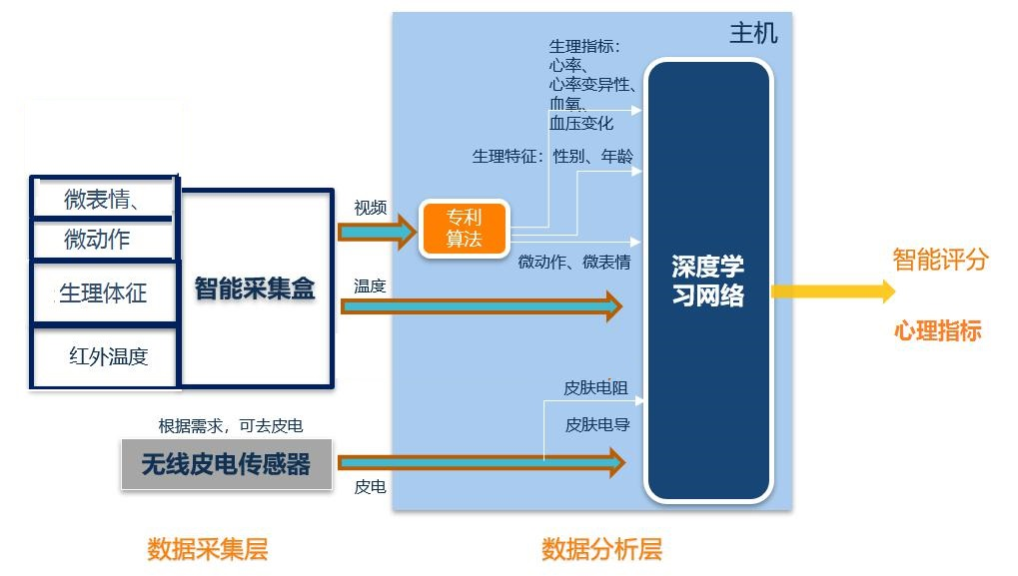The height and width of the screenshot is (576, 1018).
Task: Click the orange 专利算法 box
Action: [x=464, y=229]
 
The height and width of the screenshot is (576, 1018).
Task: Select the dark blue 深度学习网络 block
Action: [x=707, y=280]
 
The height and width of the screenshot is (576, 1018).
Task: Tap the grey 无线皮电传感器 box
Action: [x=227, y=464]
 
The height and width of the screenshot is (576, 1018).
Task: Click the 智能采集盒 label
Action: [x=255, y=288]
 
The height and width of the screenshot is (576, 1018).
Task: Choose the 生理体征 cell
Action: [x=104, y=292]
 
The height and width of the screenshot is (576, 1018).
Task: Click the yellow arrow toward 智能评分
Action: [x=833, y=290]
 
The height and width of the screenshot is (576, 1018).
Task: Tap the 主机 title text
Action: [x=753, y=33]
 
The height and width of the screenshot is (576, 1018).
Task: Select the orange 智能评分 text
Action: [x=940, y=260]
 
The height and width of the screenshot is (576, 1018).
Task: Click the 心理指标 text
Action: [x=937, y=330]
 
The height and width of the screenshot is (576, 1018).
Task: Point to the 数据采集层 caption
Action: [x=207, y=549]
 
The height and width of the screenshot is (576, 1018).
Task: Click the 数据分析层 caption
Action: [x=601, y=549]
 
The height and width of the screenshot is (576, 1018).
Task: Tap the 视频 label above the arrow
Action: [x=370, y=208]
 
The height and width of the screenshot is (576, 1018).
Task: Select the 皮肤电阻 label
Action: [x=595, y=388]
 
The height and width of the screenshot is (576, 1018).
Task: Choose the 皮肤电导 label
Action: [x=597, y=425]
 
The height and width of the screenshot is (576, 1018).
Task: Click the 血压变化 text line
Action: [x=581, y=123]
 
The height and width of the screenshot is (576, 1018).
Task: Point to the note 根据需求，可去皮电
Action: [x=231, y=425]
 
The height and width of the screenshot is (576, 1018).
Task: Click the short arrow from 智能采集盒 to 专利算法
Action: [x=378, y=232]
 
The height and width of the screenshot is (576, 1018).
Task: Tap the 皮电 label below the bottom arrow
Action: [x=370, y=486]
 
